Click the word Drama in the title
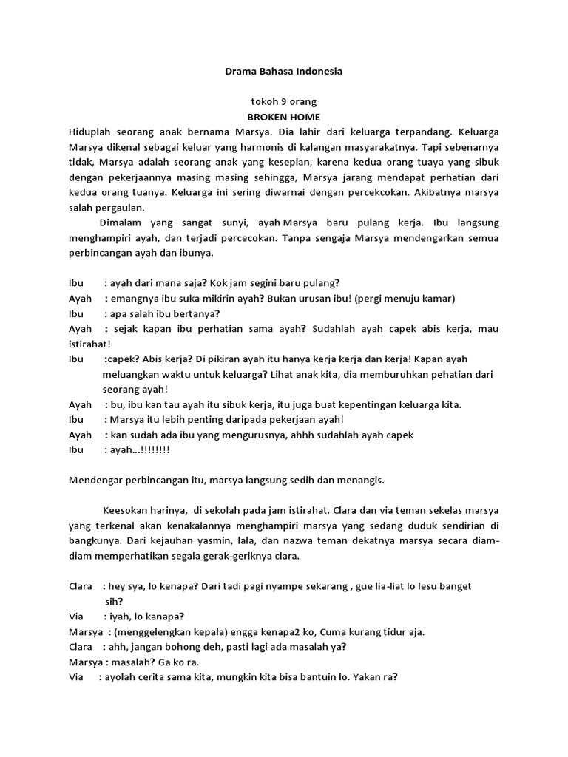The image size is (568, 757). [240, 72]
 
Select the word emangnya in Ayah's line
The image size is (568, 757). [131, 299]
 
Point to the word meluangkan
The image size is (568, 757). [132, 374]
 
